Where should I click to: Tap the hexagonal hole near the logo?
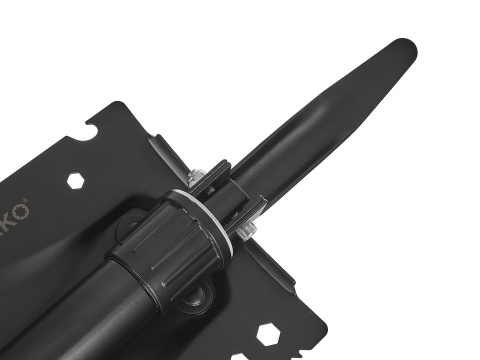76,181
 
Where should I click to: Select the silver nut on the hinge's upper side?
198,178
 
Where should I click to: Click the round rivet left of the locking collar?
126,229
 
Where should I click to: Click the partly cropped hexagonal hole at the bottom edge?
240,356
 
